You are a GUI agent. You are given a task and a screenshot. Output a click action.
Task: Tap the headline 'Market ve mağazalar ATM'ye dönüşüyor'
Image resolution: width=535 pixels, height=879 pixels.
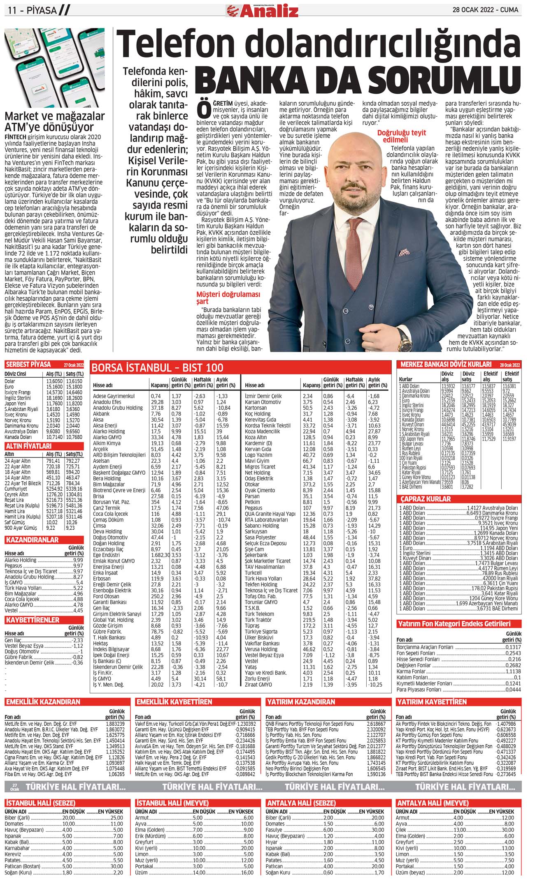[x=54, y=122]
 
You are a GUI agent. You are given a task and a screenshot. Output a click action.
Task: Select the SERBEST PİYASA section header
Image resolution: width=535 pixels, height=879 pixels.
[x=28, y=364]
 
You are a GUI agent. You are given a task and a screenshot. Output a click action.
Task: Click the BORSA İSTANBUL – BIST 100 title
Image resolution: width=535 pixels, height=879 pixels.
[x=157, y=367]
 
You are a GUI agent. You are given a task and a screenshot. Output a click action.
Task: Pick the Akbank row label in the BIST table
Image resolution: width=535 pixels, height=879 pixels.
[x=101, y=414]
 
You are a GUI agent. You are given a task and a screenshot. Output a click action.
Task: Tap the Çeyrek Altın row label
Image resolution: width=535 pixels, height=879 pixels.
[x=17, y=495]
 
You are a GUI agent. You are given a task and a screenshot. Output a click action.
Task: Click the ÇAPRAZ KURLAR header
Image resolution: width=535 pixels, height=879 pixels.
[x=426, y=499]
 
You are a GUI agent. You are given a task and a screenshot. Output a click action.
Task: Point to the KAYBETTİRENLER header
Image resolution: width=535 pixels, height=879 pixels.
[x=33, y=620]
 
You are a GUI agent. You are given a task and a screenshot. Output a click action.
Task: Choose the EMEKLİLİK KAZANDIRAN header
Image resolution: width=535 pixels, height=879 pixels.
[x=43, y=701]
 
